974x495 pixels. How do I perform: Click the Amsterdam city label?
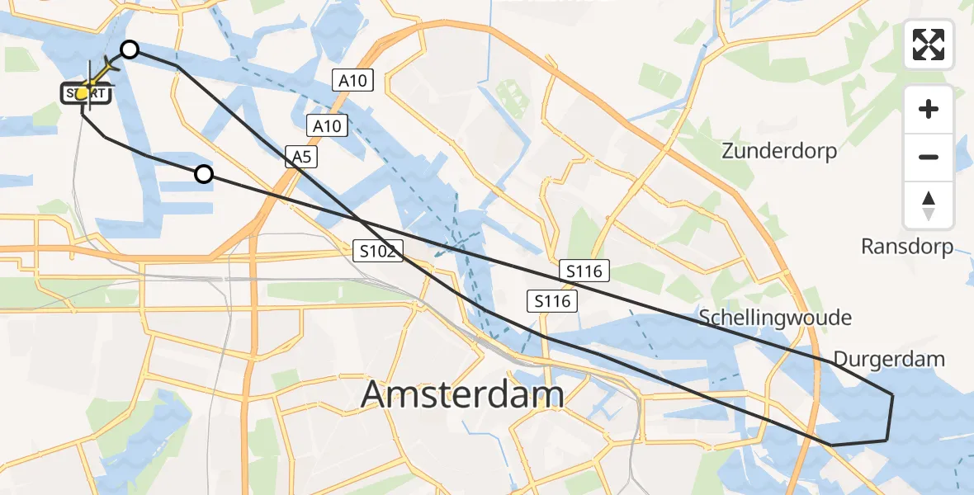[x=462, y=395]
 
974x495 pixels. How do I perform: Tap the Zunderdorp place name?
[x=778, y=151]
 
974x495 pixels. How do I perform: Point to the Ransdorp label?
[x=906, y=246]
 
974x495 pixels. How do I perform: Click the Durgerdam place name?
[x=888, y=359]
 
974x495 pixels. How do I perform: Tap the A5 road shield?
[x=301, y=157]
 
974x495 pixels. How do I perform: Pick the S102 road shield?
[x=378, y=252]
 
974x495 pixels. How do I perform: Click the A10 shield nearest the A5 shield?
[x=328, y=126]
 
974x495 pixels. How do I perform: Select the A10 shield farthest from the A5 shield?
[x=354, y=80]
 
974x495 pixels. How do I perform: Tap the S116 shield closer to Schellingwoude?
[x=584, y=270]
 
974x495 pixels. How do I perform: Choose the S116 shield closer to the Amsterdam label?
[x=552, y=301]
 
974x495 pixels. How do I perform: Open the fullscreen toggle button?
[x=929, y=45]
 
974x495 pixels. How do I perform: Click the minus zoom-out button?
[x=929, y=157]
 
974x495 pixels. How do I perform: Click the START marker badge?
[x=86, y=94]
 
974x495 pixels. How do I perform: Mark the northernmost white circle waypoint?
[x=130, y=50]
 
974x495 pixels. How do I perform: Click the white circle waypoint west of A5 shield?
[x=203, y=174]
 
